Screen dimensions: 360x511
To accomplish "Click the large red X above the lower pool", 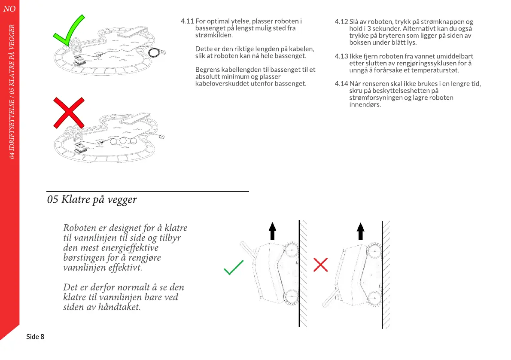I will point(68,112).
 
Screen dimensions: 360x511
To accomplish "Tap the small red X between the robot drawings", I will point(320,265).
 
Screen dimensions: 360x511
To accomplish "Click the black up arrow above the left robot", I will point(272,231).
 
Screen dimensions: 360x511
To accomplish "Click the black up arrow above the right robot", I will point(360,231).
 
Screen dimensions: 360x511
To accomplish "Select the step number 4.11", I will point(187,21).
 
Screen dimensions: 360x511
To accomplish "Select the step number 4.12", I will point(341,21).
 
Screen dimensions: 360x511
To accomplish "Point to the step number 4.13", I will point(341,56).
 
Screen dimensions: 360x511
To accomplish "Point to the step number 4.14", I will point(341,84).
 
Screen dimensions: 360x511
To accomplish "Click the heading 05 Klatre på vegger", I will point(92,200).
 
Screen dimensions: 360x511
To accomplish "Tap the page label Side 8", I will point(35,336).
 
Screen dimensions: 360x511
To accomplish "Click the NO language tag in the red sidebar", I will point(9,9).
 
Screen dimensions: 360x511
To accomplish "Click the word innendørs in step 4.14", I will point(365,104).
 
